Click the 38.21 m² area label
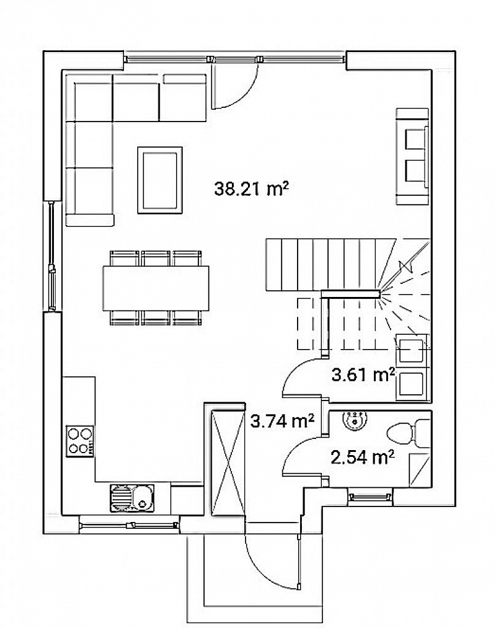point(251,188)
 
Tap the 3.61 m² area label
point(363,374)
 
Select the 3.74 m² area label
point(281,421)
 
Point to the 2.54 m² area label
point(363,457)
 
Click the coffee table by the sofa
point(160,180)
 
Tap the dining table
point(156,288)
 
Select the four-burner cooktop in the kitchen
point(80,441)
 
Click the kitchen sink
point(132,498)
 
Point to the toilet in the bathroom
point(408,433)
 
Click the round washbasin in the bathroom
point(355,420)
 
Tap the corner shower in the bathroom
point(420,470)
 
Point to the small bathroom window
point(370,497)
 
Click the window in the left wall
point(52,255)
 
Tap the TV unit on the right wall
point(414,157)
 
